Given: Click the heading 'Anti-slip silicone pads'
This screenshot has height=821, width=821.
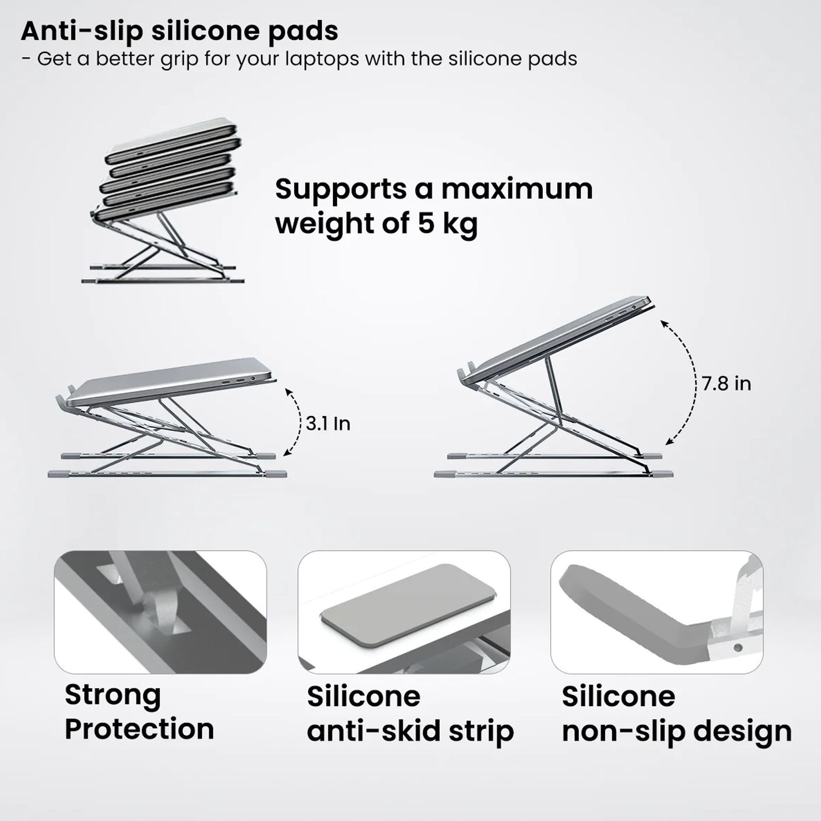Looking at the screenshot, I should click(x=180, y=31).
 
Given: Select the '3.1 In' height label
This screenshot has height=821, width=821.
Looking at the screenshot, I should click(x=328, y=424).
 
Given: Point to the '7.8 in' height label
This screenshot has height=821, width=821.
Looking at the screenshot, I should click(x=726, y=384).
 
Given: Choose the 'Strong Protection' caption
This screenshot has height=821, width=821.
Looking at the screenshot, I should click(x=139, y=712).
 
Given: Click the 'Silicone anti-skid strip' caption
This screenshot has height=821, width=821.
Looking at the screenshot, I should click(x=409, y=714).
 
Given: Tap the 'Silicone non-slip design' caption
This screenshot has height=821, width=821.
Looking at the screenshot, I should click(x=676, y=714).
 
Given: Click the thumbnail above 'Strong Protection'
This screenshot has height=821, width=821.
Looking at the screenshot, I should click(x=160, y=612).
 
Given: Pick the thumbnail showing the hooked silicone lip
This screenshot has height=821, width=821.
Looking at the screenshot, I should click(x=657, y=612).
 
